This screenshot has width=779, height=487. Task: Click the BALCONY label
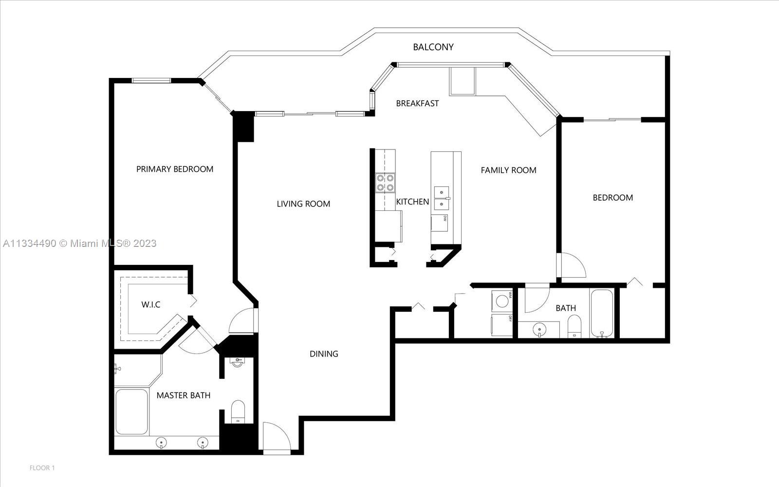(x=433, y=47)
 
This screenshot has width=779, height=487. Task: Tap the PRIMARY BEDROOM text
(x=175, y=169)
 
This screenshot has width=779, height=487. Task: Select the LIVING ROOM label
(x=303, y=204)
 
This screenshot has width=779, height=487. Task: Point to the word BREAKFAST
(x=417, y=103)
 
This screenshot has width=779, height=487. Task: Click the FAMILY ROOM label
(x=508, y=170)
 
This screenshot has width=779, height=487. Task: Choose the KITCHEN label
(x=412, y=202)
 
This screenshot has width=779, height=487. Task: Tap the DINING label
(x=324, y=354)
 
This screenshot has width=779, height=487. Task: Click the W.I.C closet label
(x=150, y=305)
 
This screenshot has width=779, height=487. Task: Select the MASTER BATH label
(x=183, y=395)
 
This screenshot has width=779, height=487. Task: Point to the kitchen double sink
(x=442, y=198)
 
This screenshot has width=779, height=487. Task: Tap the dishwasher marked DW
(x=439, y=223)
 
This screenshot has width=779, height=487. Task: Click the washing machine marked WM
(x=502, y=300)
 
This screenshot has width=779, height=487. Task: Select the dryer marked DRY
(x=502, y=325)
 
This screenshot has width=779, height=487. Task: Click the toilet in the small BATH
(x=574, y=326)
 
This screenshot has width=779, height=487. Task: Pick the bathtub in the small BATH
(x=602, y=314)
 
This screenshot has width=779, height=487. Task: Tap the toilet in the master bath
(x=238, y=412)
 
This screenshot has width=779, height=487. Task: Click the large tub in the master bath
(x=132, y=412)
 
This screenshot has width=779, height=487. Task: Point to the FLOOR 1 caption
(x=42, y=468)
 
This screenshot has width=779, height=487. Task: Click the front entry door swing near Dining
(x=277, y=438)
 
